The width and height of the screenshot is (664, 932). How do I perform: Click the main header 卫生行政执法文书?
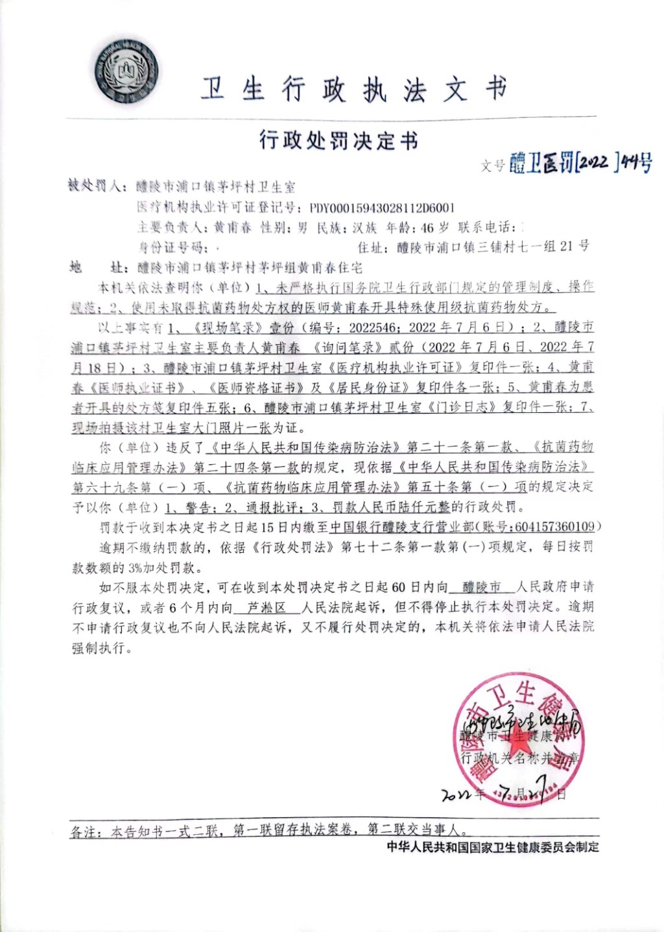(353, 89)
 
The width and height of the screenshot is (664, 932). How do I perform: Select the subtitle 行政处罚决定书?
(338, 140)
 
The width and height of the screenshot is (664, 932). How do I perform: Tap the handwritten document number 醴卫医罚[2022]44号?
(580, 162)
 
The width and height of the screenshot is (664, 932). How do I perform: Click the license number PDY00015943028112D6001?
(382, 208)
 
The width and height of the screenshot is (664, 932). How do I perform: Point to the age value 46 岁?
(434, 227)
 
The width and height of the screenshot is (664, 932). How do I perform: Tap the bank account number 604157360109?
(556, 527)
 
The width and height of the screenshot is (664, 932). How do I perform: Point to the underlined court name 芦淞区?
(267, 607)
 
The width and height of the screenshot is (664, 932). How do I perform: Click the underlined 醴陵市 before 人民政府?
(482, 587)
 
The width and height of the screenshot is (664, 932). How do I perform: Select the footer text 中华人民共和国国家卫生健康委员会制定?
(493, 847)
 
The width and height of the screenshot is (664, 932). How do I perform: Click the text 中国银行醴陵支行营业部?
(402, 527)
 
